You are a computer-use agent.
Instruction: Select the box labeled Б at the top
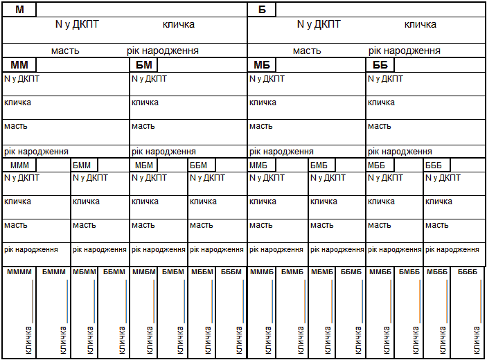(262, 10)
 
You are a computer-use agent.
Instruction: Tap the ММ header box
(19, 65)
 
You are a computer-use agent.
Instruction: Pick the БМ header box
(144, 65)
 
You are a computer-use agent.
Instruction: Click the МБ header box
(262, 65)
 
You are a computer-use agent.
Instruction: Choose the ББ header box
(380, 65)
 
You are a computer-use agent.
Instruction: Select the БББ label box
(437, 165)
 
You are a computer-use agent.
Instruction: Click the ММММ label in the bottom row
(19, 272)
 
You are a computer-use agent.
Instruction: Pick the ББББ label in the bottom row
(468, 272)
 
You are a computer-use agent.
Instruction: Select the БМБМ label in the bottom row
(172, 272)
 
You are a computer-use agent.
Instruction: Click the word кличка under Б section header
(420, 25)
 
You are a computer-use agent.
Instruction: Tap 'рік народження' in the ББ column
(400, 152)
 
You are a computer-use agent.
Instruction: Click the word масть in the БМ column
(143, 126)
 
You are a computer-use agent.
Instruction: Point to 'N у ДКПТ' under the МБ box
(267, 79)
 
